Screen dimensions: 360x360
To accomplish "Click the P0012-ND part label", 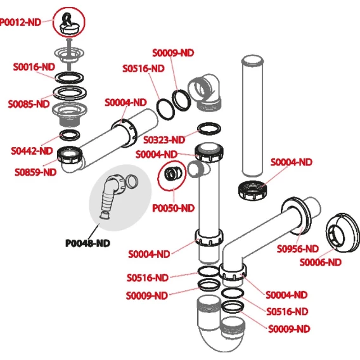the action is tap(20, 23).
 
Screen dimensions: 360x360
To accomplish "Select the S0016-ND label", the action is tap(34, 67).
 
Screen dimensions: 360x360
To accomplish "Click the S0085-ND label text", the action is tap(29, 104).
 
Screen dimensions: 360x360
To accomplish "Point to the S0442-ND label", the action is tap(32, 151).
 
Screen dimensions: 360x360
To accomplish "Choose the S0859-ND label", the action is tap(35, 172).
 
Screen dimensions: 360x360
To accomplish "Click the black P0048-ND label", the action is tap(87, 243).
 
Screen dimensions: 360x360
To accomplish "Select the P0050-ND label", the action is tap(173, 209).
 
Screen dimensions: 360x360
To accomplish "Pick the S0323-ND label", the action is tap(164, 139).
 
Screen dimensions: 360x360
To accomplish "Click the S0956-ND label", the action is tap(298, 248).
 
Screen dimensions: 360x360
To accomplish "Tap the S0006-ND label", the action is tap(321, 262).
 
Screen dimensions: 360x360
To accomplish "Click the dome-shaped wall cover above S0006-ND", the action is tap(342, 233).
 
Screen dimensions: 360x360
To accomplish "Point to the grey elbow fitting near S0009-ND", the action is tap(205, 93).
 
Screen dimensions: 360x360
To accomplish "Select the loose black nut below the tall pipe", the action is tap(252, 190).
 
